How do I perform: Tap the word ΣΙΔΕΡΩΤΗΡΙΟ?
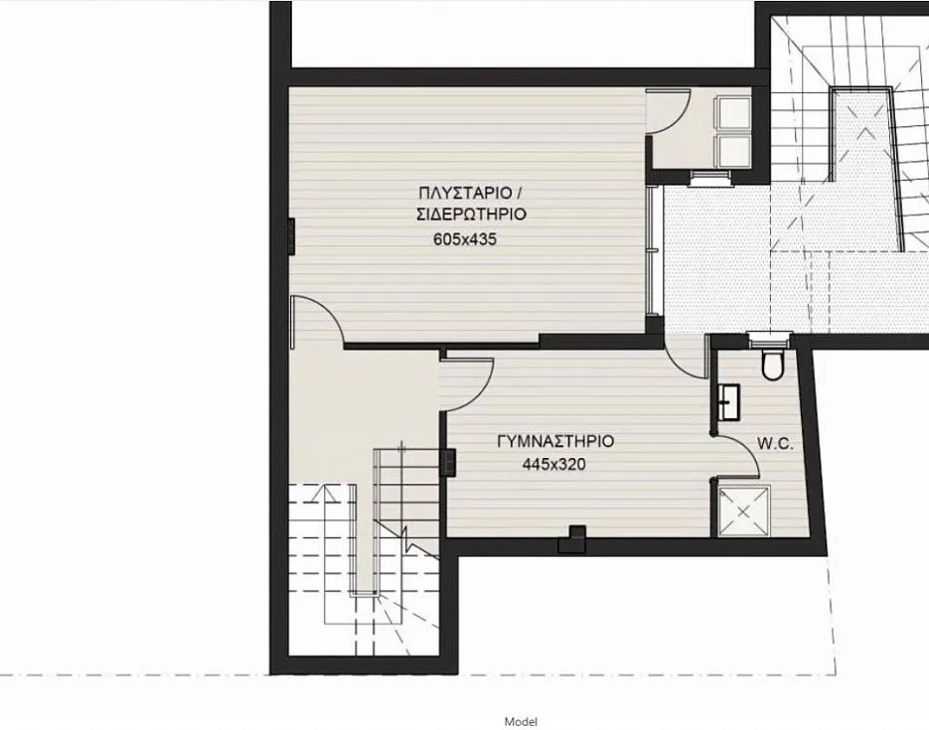pyautogui.click(x=472, y=215)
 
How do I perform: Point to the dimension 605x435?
pyautogui.click(x=465, y=239)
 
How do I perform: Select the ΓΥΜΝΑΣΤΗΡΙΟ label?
pyautogui.click(x=555, y=442)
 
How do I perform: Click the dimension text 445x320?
pyautogui.click(x=554, y=464)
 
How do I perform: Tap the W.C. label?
pyautogui.click(x=775, y=444)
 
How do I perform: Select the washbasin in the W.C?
pyautogui.click(x=728, y=402)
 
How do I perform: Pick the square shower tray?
pyautogui.click(x=744, y=511)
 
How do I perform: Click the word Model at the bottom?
pyautogui.click(x=522, y=722)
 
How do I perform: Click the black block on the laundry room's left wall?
pyautogui.click(x=291, y=235)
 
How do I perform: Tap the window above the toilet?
pyautogui.click(x=770, y=340)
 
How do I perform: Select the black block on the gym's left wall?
pyautogui.click(x=448, y=463)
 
